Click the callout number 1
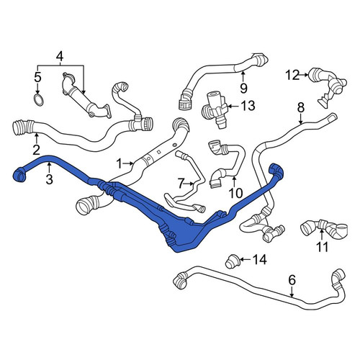pos(119,164)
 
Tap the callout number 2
pos(36,150)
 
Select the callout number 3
pos(49,179)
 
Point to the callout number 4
pos(60,57)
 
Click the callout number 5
pos(37,77)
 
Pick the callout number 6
pos(292,280)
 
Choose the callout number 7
pos(181,184)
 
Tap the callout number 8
pos(301,107)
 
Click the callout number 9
pos(243,89)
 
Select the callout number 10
pos(236,193)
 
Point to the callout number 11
pos(322,246)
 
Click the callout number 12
pos(292,75)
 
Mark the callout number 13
pos(248,106)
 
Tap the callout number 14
pos(259,259)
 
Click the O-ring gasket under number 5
pos(38,99)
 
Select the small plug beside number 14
pos(232,261)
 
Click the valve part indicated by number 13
pos(215,107)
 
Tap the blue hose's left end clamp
pos(19,174)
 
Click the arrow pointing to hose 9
pos(243,77)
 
